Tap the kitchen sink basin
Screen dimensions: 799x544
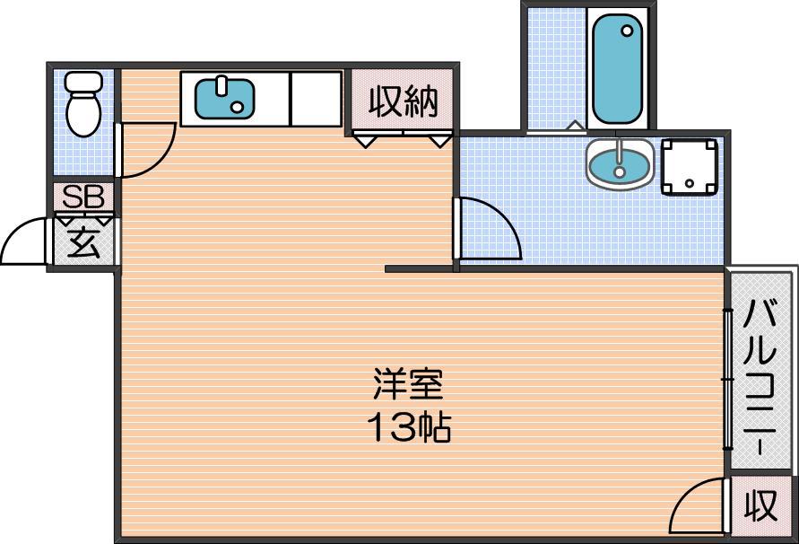click(x=225, y=99)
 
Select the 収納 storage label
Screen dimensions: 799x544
click(x=403, y=102)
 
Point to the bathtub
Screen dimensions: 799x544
click(x=618, y=69)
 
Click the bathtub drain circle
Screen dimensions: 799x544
click(x=628, y=31)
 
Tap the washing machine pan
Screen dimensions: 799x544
click(x=690, y=167)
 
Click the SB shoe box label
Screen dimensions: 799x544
click(x=83, y=197)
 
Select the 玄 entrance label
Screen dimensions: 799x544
click(x=83, y=241)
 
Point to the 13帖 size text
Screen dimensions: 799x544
click(x=409, y=426)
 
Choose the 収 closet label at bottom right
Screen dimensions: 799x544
click(x=761, y=505)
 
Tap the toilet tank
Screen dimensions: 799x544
click(x=84, y=82)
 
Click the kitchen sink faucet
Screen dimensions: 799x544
click(x=221, y=85)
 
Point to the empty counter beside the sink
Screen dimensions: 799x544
click(x=316, y=99)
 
